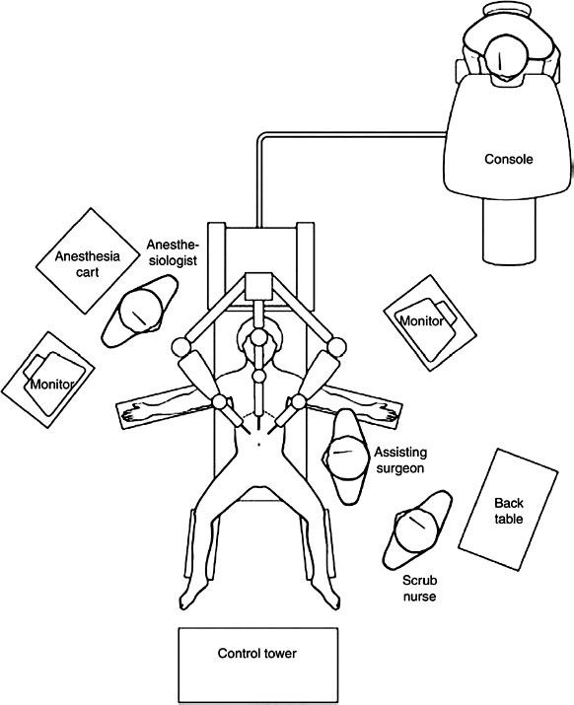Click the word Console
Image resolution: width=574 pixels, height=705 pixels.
[508, 159]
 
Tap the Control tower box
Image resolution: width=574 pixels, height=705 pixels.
[257, 665]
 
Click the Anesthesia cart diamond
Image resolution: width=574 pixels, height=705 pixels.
[88, 260]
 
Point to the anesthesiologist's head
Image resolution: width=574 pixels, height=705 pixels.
[141, 310]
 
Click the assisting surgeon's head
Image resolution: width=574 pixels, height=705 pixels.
[347, 457]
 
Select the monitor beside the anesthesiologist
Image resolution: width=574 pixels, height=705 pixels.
[47, 380]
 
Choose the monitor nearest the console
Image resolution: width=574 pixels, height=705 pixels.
[430, 322]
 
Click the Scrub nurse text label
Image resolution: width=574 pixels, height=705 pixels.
[419, 588]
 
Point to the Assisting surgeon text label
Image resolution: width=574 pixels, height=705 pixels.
[400, 459]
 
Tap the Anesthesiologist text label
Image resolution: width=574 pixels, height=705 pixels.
[173, 252]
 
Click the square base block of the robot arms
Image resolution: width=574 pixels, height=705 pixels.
[259, 286]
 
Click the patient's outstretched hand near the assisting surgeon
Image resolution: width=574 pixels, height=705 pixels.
[387, 411]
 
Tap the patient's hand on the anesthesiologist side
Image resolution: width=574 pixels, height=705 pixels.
[133, 413]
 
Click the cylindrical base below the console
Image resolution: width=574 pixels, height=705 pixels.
[509, 232]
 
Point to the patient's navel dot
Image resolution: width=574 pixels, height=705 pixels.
[259, 445]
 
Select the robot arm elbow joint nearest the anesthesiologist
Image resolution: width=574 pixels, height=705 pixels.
[180, 347]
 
